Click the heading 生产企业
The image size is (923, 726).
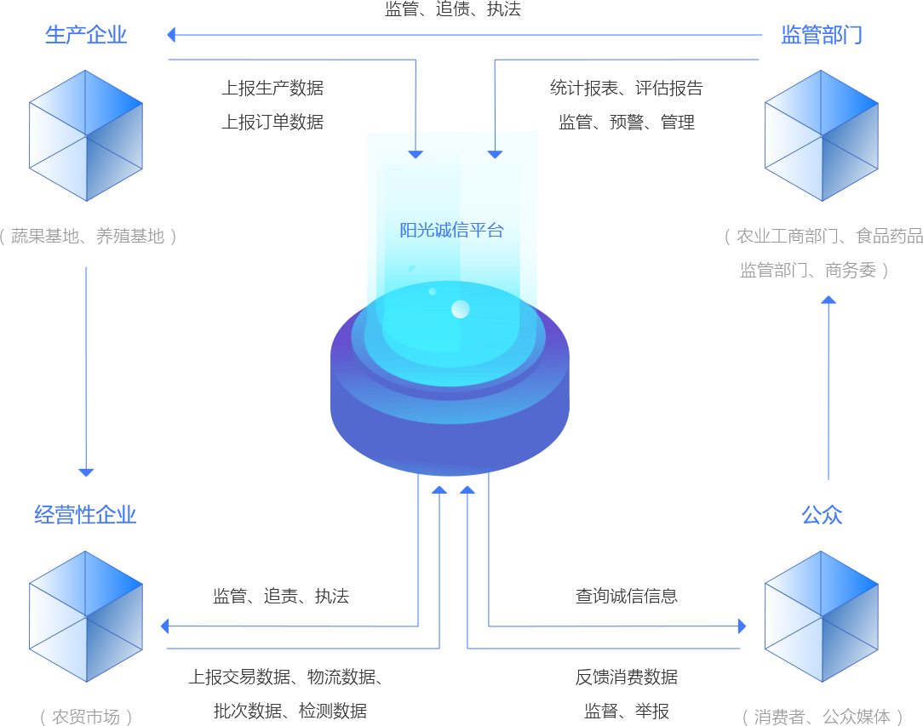pos(86,35)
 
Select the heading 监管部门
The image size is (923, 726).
pos(822,35)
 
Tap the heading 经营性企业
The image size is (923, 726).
pos(86,514)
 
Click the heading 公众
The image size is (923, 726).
pos(822,514)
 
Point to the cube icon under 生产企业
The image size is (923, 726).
pos(86,135)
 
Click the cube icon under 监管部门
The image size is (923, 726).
pos(822,135)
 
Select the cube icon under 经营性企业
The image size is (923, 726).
pos(86,616)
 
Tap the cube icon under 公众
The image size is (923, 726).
pos(822,616)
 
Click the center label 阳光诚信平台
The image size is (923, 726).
pos(452,230)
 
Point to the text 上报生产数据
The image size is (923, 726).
pos(272,88)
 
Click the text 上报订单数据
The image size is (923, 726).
pos(272,122)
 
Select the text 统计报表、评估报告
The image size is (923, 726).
pos(627,88)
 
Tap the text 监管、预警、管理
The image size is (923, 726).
pos(627,122)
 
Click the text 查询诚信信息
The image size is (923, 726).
pos(627,596)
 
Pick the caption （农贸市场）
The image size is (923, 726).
pos(86,717)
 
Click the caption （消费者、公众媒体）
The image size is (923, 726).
pos(822,717)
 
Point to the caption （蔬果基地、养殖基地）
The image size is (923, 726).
pos(87,236)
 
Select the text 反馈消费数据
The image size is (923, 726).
pos(627,677)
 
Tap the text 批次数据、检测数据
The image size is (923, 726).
pos(290,711)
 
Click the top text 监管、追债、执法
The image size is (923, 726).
pos(452,9)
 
